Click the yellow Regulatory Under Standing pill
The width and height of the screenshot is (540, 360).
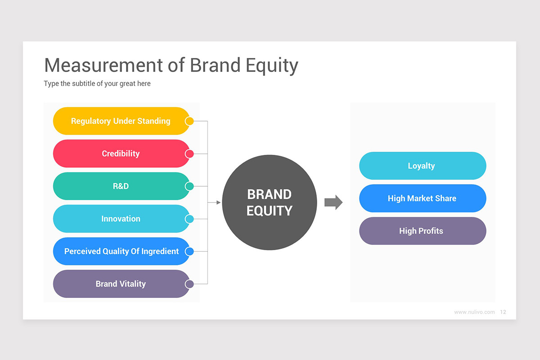pos(121,121)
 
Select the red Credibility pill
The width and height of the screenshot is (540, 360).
pos(121,153)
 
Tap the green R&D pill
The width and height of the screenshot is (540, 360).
pos(121,186)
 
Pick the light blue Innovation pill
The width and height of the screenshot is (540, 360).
pos(121,219)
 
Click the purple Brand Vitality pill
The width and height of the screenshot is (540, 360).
pos(121,284)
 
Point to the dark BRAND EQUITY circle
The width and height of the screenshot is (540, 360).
pos(269,202)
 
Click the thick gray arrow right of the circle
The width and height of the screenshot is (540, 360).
pos(333,202)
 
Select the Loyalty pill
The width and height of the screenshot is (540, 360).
pos(422,166)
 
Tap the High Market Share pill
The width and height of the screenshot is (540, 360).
pos(422,198)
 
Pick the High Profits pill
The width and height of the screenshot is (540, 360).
pos(422,231)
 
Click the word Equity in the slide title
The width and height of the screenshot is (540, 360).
pos(272,66)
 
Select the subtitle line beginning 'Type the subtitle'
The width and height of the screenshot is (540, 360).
pos(97,84)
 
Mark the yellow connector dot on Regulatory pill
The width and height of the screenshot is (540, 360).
pos(189,121)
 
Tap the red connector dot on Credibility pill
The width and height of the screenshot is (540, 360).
pos(189,153)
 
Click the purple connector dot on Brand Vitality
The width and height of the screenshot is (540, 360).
pos(189,284)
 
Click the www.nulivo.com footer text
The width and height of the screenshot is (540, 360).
pos(474,312)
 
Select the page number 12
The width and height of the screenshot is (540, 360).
pos(503,312)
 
